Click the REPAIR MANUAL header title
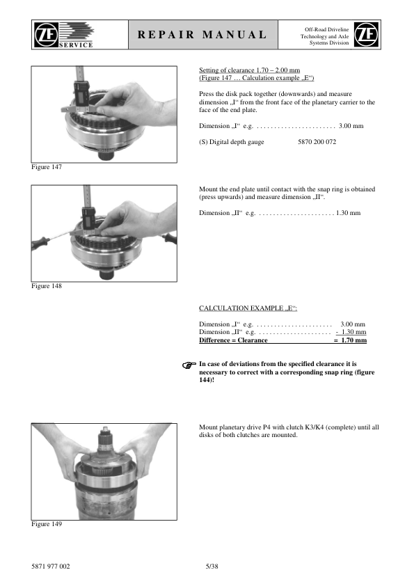tap(202, 35)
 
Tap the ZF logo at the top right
tap(366, 34)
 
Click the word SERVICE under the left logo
tap(76, 45)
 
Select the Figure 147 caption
tap(47, 167)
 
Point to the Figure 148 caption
tap(47, 286)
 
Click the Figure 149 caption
tap(47, 524)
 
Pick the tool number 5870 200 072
tap(317, 142)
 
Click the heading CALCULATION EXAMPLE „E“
tap(248, 308)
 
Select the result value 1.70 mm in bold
tap(354, 340)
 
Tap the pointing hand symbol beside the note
tap(189, 365)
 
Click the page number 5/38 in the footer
tap(212, 567)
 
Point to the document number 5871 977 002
tap(50, 567)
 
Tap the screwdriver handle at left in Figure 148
tap(40, 243)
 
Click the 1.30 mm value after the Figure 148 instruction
tap(348, 213)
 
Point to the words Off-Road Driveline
tap(326, 29)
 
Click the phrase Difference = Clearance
tap(233, 340)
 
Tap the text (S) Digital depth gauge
tap(232, 142)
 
